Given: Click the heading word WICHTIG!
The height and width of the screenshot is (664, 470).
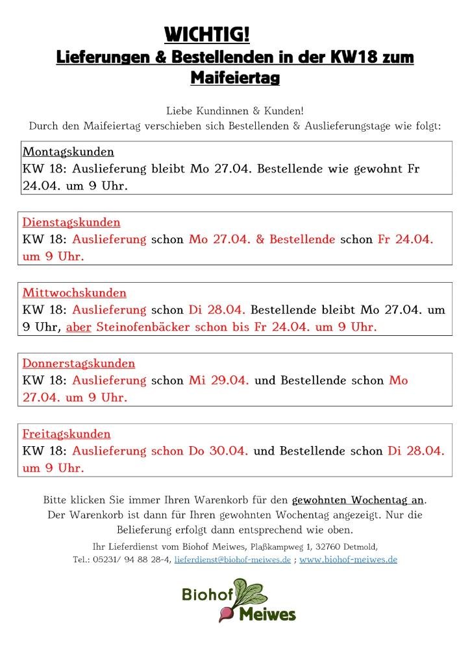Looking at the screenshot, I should point(207,33).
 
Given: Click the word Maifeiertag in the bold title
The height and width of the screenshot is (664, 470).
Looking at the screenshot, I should point(235,78).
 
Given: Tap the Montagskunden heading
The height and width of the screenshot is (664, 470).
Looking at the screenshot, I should point(68,152).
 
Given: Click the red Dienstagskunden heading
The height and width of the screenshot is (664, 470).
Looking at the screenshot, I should point(71,222).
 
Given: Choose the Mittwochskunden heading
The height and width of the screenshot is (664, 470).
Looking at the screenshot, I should point(75,293).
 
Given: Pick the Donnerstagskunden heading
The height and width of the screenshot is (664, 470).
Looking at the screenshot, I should point(79,364).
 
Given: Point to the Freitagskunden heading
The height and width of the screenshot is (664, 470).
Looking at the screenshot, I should point(67,434).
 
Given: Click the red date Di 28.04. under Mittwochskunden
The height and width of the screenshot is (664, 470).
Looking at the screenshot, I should point(217,310).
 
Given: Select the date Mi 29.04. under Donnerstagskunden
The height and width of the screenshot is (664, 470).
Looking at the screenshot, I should point(219,381).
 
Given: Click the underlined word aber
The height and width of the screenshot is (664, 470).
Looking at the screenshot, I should point(79,327).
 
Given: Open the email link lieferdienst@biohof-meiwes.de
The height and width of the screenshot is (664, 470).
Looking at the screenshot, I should point(232,560).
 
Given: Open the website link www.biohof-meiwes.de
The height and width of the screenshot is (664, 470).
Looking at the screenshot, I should point(348,560).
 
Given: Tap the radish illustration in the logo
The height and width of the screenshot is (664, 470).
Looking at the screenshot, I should point(241,598).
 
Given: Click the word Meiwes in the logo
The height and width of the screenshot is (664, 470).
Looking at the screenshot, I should point(267,614).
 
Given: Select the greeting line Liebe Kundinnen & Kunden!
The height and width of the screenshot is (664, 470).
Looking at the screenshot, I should point(235,111).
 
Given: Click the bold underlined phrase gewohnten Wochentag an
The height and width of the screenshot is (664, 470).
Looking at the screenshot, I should point(358,501).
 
